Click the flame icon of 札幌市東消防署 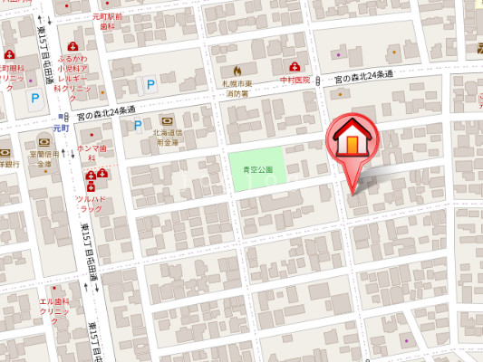(x=237, y=69)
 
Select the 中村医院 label (x=295, y=80)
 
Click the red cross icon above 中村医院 (x=295, y=67)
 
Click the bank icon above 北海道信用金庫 (x=167, y=120)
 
